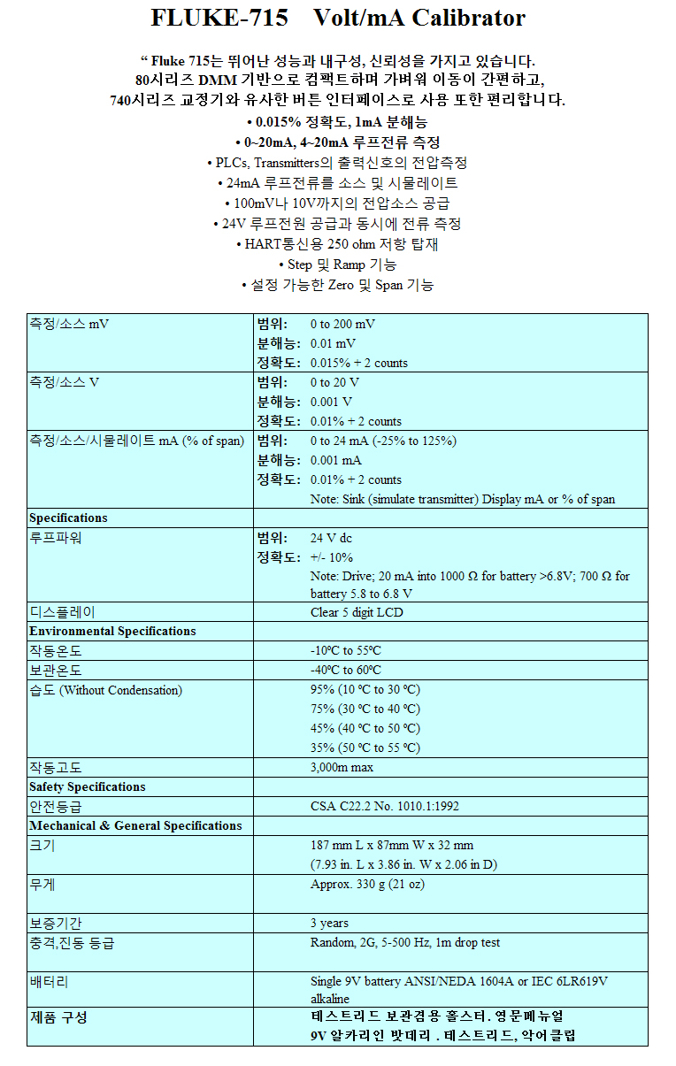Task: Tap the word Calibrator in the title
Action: pyautogui.click(x=468, y=18)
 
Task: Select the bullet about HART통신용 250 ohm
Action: pyautogui.click(x=337, y=244)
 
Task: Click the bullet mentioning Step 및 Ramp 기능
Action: pyautogui.click(x=337, y=265)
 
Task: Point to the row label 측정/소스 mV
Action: pyautogui.click(x=69, y=324)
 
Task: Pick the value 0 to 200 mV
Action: pyautogui.click(x=342, y=324)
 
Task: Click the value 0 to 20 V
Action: pyautogui.click(x=334, y=382)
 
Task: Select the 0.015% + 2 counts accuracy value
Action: pyautogui.click(x=359, y=363)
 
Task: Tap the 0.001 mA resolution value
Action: pyautogui.click(x=335, y=460)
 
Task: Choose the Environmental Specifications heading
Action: pyautogui.click(x=112, y=631)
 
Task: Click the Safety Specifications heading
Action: pyautogui.click(x=87, y=786)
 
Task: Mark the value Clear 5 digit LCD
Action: pyautogui.click(x=357, y=611)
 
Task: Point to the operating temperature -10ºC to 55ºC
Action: pyautogui.click(x=346, y=650)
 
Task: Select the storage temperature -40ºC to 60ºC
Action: pyautogui.click(x=346, y=670)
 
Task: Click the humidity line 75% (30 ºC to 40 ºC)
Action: pyautogui.click(x=365, y=709)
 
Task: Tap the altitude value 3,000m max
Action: pyautogui.click(x=342, y=767)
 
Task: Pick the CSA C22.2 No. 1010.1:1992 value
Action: pyautogui.click(x=385, y=806)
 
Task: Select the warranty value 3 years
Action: pyautogui.click(x=329, y=923)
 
